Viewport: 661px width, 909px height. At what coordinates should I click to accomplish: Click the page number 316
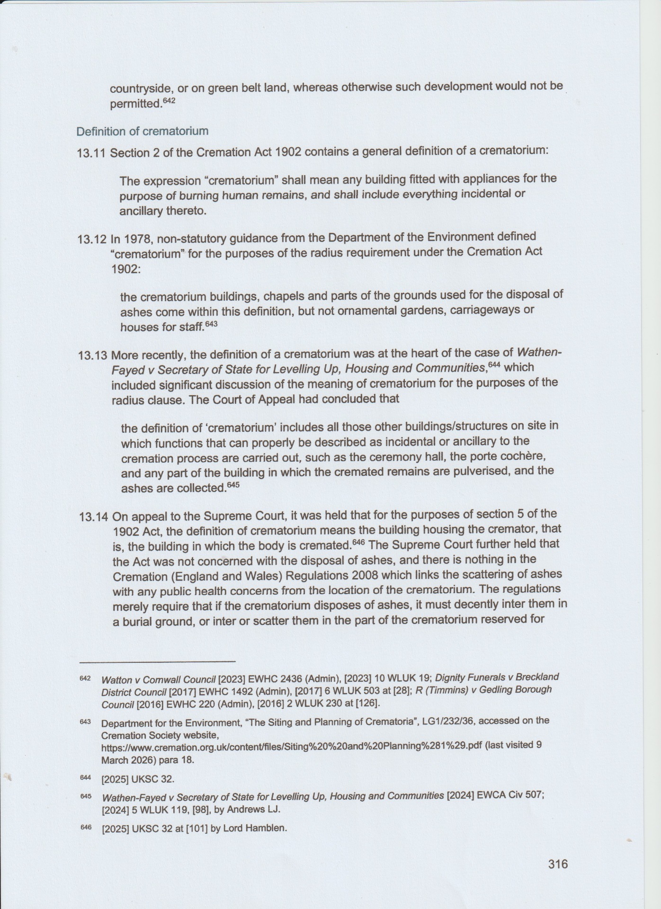(558, 864)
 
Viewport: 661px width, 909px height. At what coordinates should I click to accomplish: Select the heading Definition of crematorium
(143, 131)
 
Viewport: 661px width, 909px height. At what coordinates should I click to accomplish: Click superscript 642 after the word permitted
(169, 101)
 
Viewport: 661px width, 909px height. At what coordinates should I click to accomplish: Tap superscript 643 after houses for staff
(211, 324)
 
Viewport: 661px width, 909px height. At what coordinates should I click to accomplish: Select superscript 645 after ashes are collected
(233, 485)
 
